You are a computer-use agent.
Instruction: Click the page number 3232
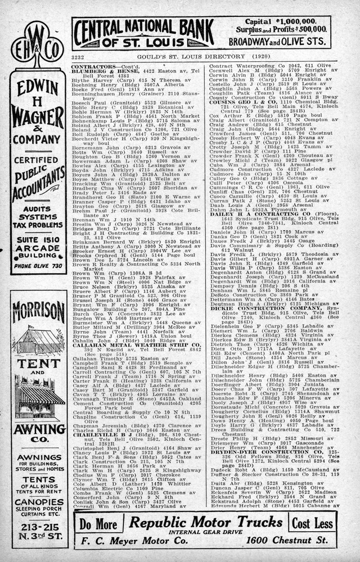78,58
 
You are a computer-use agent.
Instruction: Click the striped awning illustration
38,397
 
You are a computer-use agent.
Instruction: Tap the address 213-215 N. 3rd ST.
38,534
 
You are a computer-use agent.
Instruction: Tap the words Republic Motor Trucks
205,522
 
